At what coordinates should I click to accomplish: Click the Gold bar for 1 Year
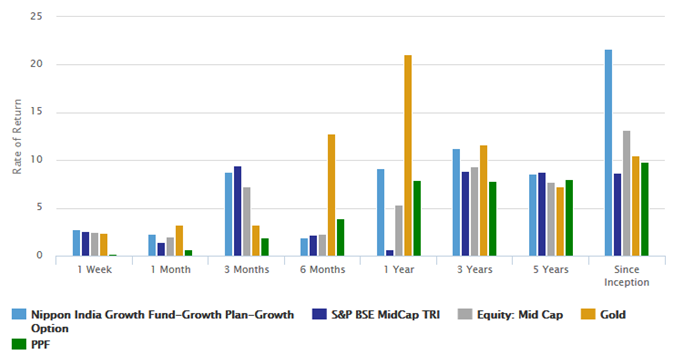coord(408,155)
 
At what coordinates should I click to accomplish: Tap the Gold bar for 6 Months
coord(331,195)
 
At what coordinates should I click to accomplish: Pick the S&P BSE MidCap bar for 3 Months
coord(237,211)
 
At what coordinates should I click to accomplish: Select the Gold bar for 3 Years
coord(484,200)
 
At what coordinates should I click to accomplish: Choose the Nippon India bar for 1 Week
coord(76,243)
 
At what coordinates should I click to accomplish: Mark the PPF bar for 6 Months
coord(341,237)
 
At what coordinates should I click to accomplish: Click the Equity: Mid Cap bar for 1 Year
coord(398,230)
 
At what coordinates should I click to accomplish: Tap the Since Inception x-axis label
coord(627,276)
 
